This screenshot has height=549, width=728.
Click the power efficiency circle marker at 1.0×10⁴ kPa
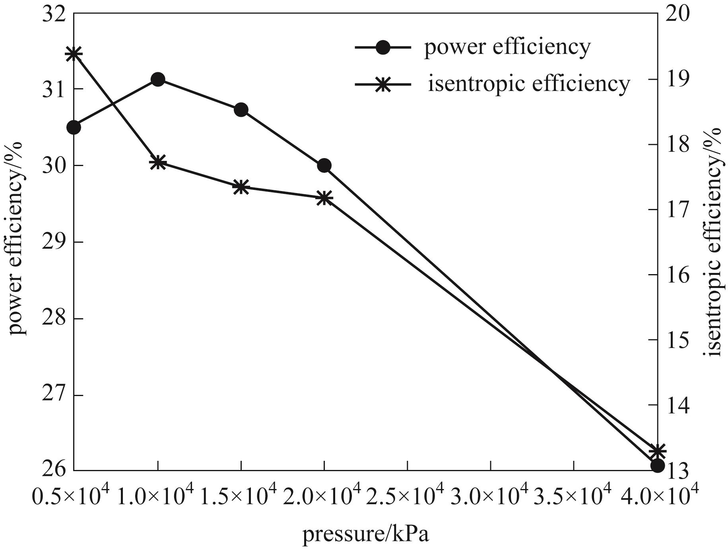point(158,79)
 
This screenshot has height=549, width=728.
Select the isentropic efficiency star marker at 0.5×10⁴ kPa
point(74,53)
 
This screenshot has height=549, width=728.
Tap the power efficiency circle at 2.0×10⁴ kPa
point(324,165)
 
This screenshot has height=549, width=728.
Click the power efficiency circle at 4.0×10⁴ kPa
point(657,466)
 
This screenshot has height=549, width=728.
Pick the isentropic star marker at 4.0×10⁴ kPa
point(657,451)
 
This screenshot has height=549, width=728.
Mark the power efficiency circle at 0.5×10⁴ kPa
point(74,128)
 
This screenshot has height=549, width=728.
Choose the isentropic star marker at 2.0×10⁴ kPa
point(324,197)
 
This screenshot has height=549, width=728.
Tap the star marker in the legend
point(383,85)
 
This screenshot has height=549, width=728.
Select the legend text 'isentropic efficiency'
point(529,84)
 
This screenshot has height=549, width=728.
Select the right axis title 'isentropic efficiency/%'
point(714,242)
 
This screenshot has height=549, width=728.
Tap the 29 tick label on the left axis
point(53,242)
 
